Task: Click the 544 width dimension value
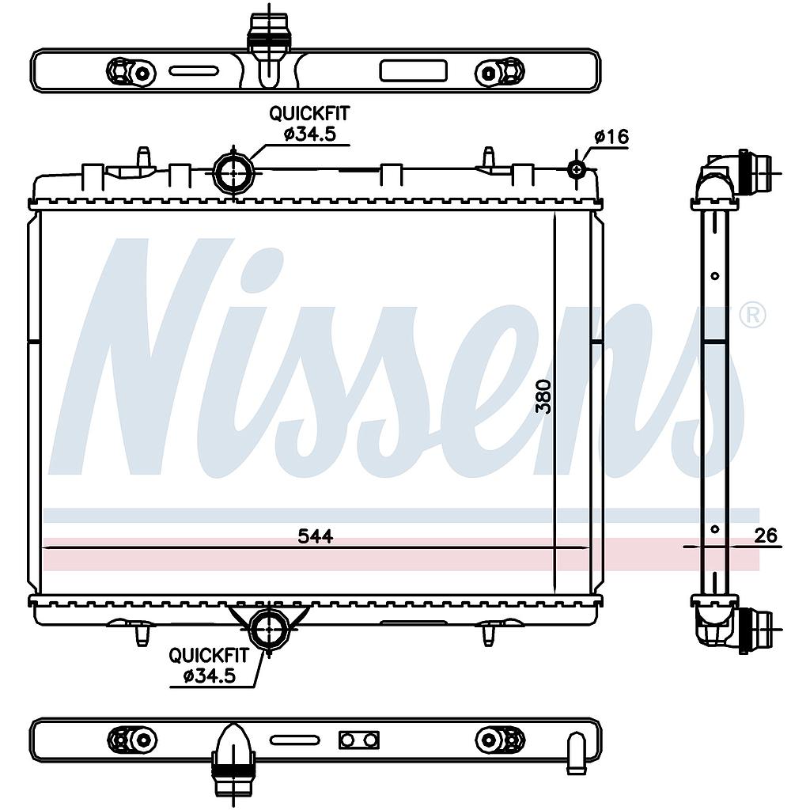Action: [315, 537]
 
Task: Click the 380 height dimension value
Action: [543, 396]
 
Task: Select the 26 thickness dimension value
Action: [765, 536]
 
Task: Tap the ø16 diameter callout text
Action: [611, 137]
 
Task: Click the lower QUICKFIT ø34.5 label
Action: [209, 665]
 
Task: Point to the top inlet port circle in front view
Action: [233, 173]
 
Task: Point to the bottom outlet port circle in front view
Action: [269, 629]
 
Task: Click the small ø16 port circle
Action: [577, 169]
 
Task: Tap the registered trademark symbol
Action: [752, 316]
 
